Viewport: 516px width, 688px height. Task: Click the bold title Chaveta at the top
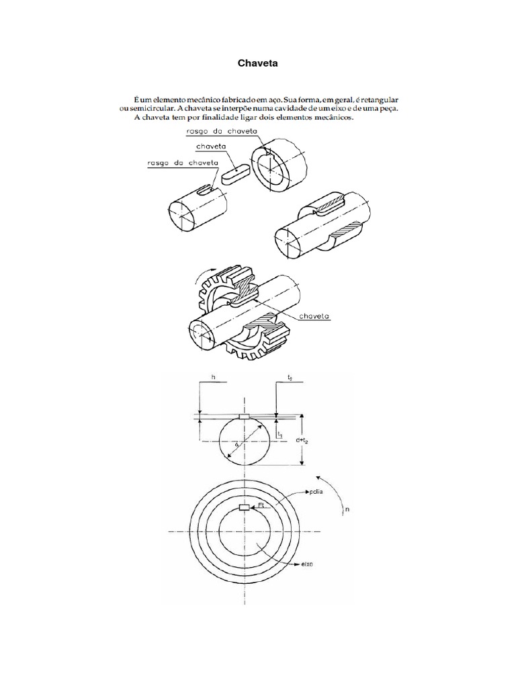[x=258, y=63]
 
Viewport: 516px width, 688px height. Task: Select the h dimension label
[x=213, y=378]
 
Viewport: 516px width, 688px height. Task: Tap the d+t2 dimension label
[x=313, y=439]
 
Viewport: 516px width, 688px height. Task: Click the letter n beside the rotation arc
[x=347, y=510]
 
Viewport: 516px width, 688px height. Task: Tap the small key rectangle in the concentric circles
[x=245, y=507]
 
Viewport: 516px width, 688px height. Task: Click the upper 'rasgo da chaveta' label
[x=216, y=132]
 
